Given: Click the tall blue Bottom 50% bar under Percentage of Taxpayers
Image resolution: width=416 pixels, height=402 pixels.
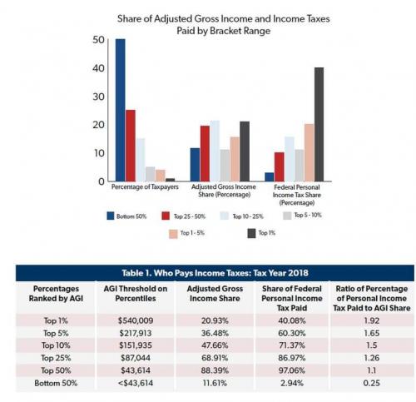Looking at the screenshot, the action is [120, 110].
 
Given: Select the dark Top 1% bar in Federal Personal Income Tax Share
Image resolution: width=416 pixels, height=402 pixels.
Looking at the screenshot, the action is [319, 124].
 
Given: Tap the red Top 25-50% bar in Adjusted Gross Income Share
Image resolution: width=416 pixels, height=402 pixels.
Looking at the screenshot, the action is [205, 153].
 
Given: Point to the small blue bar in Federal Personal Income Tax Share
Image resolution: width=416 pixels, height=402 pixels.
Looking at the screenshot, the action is [270, 176].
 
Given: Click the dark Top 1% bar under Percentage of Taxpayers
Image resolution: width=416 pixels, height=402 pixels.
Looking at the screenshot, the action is [170, 180].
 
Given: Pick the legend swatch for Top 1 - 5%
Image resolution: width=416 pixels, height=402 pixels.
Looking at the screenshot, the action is [173, 234].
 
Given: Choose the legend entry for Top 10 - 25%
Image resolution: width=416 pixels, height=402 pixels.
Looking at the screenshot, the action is [241, 216].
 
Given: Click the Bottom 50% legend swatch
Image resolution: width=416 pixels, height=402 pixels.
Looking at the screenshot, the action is [111, 216].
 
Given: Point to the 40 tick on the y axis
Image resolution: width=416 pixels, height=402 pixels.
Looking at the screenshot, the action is [98, 68].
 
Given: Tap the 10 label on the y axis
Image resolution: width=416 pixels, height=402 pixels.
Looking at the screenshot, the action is [99, 153].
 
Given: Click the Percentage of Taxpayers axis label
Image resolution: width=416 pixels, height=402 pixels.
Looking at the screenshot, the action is [145, 186].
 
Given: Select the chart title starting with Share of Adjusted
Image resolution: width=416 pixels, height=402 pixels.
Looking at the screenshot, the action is [224, 24].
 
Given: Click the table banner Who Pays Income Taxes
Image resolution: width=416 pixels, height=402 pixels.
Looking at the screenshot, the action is [215, 273].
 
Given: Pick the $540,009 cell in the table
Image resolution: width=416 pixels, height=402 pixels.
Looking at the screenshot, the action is [136, 320].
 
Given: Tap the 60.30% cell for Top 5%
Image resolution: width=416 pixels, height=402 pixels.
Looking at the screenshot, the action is [292, 333].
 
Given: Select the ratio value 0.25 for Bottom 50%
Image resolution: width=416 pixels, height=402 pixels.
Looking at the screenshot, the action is [371, 383].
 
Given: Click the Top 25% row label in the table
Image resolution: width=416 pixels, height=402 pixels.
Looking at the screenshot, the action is [56, 358].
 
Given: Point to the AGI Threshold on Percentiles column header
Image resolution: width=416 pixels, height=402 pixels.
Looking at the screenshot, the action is [136, 294].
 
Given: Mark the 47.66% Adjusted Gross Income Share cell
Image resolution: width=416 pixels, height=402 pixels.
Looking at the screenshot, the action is [215, 345].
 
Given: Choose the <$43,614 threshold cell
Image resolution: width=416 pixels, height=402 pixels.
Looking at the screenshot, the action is [136, 383].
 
